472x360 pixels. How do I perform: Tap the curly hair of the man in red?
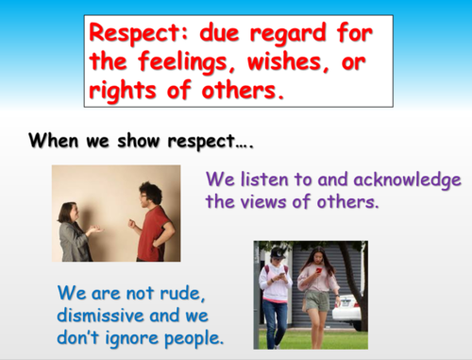click(x=149, y=192)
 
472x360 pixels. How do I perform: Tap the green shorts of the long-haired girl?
click(x=317, y=301)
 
